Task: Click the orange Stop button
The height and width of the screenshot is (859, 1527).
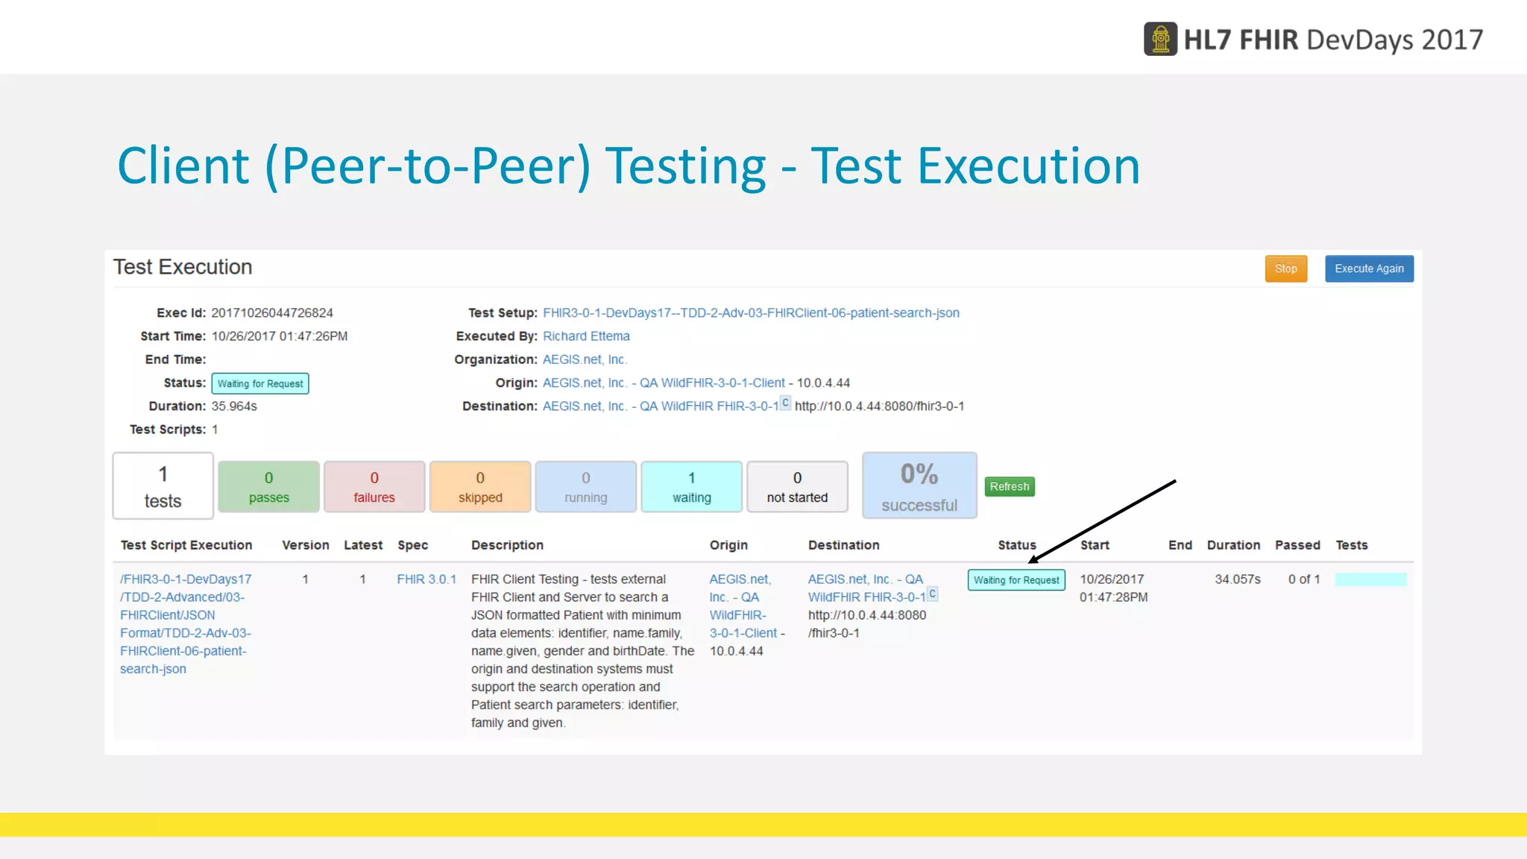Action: coord(1285,269)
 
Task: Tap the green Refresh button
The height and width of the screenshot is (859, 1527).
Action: coord(1010,487)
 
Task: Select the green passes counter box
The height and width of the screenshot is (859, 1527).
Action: coord(268,487)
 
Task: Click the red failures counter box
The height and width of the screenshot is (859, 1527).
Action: coord(374,487)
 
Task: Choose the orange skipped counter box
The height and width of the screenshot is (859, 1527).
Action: coord(480,487)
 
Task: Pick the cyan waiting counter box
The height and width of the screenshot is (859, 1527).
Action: coord(691,487)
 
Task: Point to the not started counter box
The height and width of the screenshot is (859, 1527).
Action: coord(797,487)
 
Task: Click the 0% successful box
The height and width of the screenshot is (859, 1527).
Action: coord(919,485)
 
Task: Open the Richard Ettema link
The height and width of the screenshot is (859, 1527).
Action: coord(586,336)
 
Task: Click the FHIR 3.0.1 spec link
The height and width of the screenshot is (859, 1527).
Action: coord(426,579)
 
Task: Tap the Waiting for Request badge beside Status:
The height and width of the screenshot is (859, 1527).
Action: coord(260,383)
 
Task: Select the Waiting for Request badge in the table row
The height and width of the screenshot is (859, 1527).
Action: coord(1016,580)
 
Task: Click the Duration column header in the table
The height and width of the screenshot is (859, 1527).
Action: coord(1233,545)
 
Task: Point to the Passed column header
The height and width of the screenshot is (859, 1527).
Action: coord(1297,545)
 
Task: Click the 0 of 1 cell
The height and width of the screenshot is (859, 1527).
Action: coord(1304,579)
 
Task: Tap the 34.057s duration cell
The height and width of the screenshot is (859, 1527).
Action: coord(1238,579)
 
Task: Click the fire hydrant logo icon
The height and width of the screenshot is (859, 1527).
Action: coord(1160,40)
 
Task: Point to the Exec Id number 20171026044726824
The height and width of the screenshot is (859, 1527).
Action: coord(272,313)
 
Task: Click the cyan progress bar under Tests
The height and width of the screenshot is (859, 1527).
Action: coord(1370,579)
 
